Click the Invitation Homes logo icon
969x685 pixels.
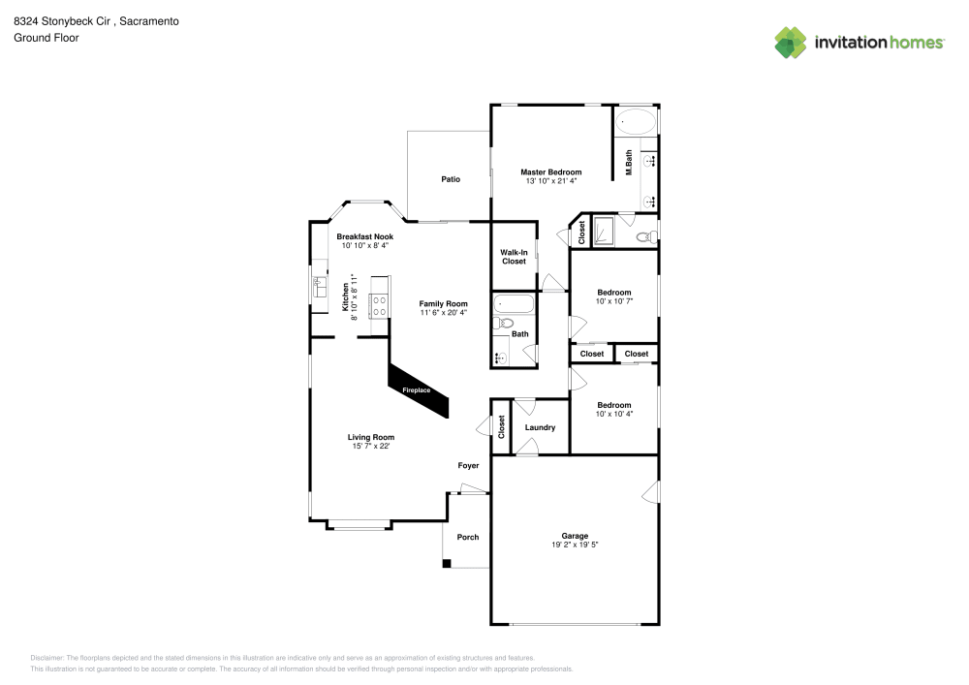[791, 42]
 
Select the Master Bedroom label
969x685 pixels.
[550, 171]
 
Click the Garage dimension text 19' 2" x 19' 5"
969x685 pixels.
[575, 545]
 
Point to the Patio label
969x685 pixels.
[451, 179]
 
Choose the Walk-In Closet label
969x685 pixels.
[514, 257]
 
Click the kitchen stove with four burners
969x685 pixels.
[378, 305]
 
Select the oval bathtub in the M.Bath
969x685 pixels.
[636, 123]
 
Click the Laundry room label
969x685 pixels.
[540, 427]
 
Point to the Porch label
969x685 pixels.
[468, 537]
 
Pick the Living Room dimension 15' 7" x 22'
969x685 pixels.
[371, 447]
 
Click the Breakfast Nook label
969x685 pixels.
[364, 236]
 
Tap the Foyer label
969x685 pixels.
[468, 466]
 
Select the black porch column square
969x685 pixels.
[447, 564]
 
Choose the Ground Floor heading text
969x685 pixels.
[46, 38]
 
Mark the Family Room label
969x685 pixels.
[443, 303]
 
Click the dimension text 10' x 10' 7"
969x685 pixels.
[613, 301]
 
